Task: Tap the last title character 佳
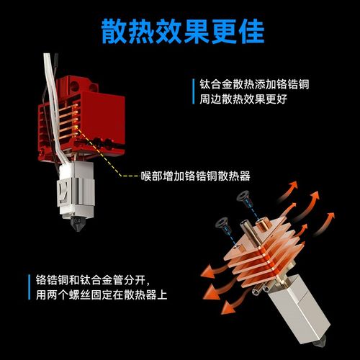click(x=246, y=30)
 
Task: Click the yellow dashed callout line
click(x=108, y=162)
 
